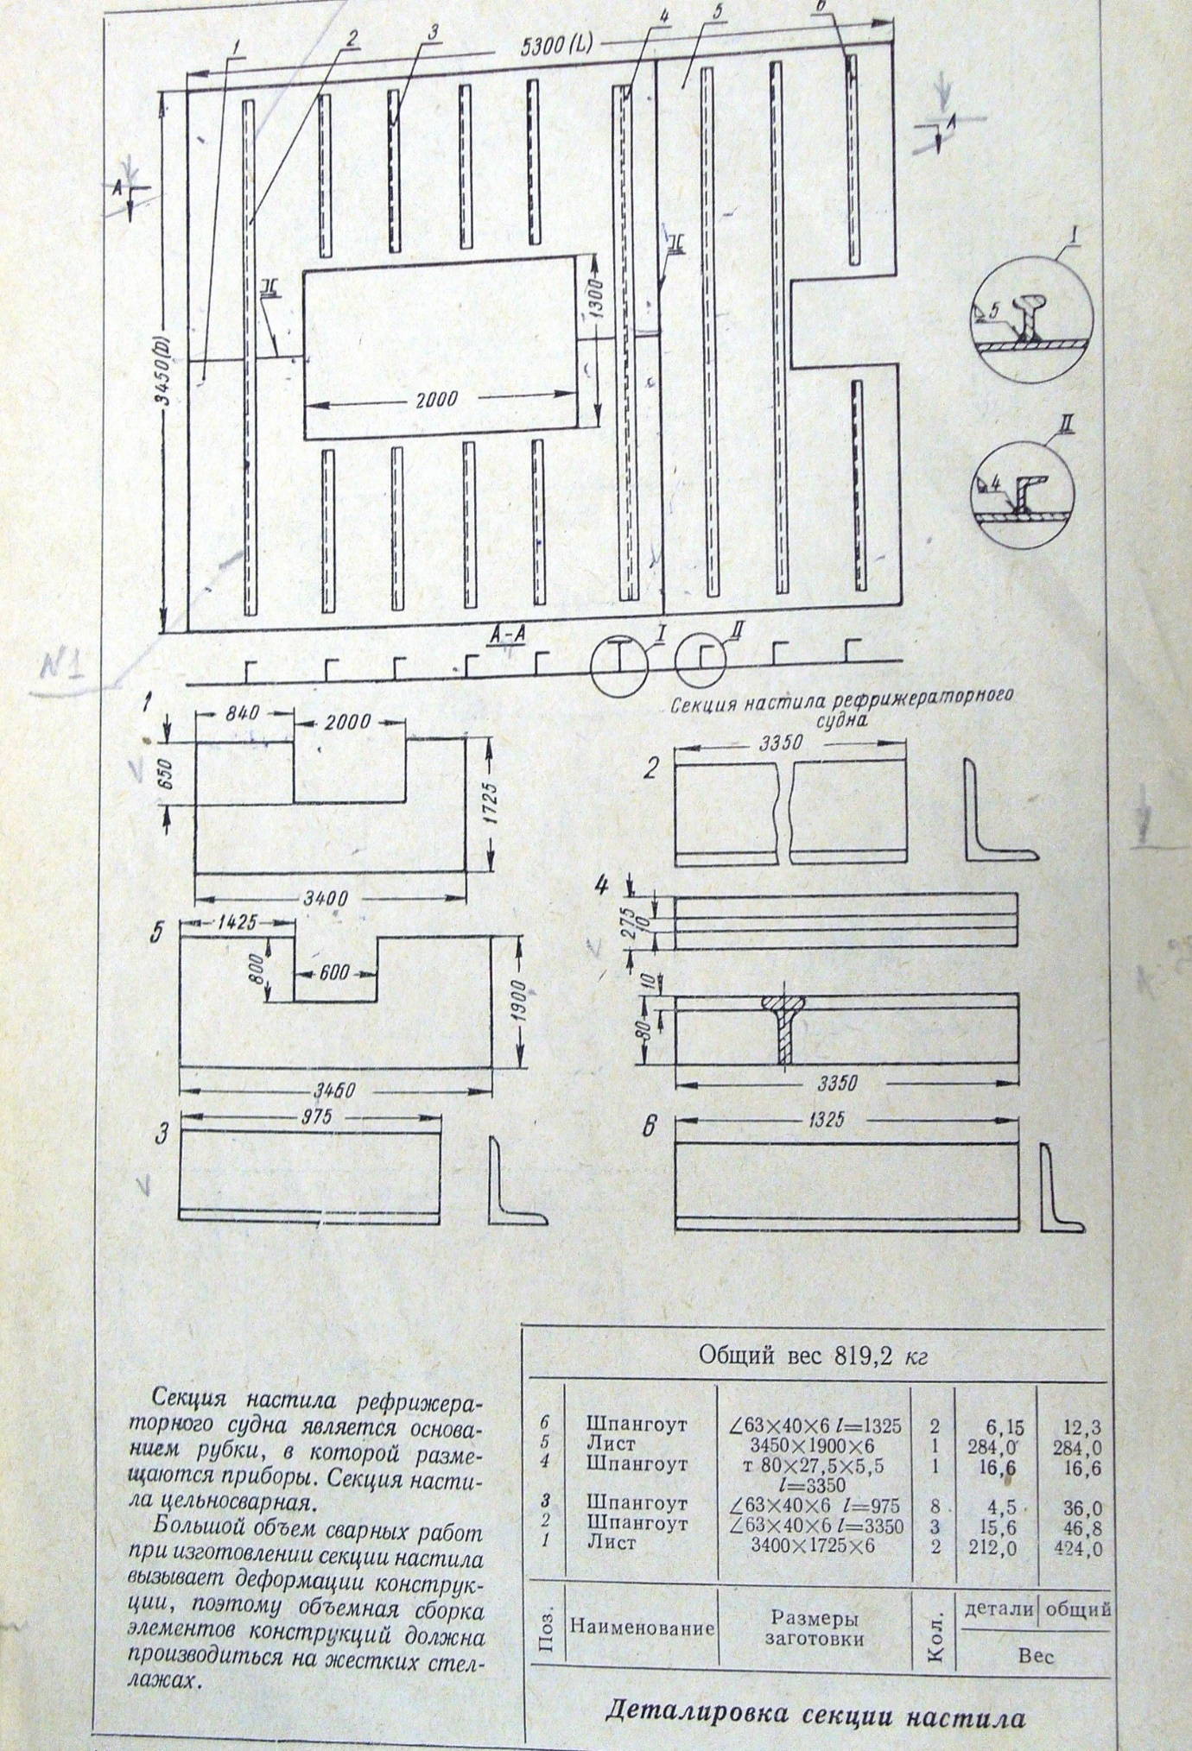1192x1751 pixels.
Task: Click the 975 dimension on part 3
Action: (312, 1115)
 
